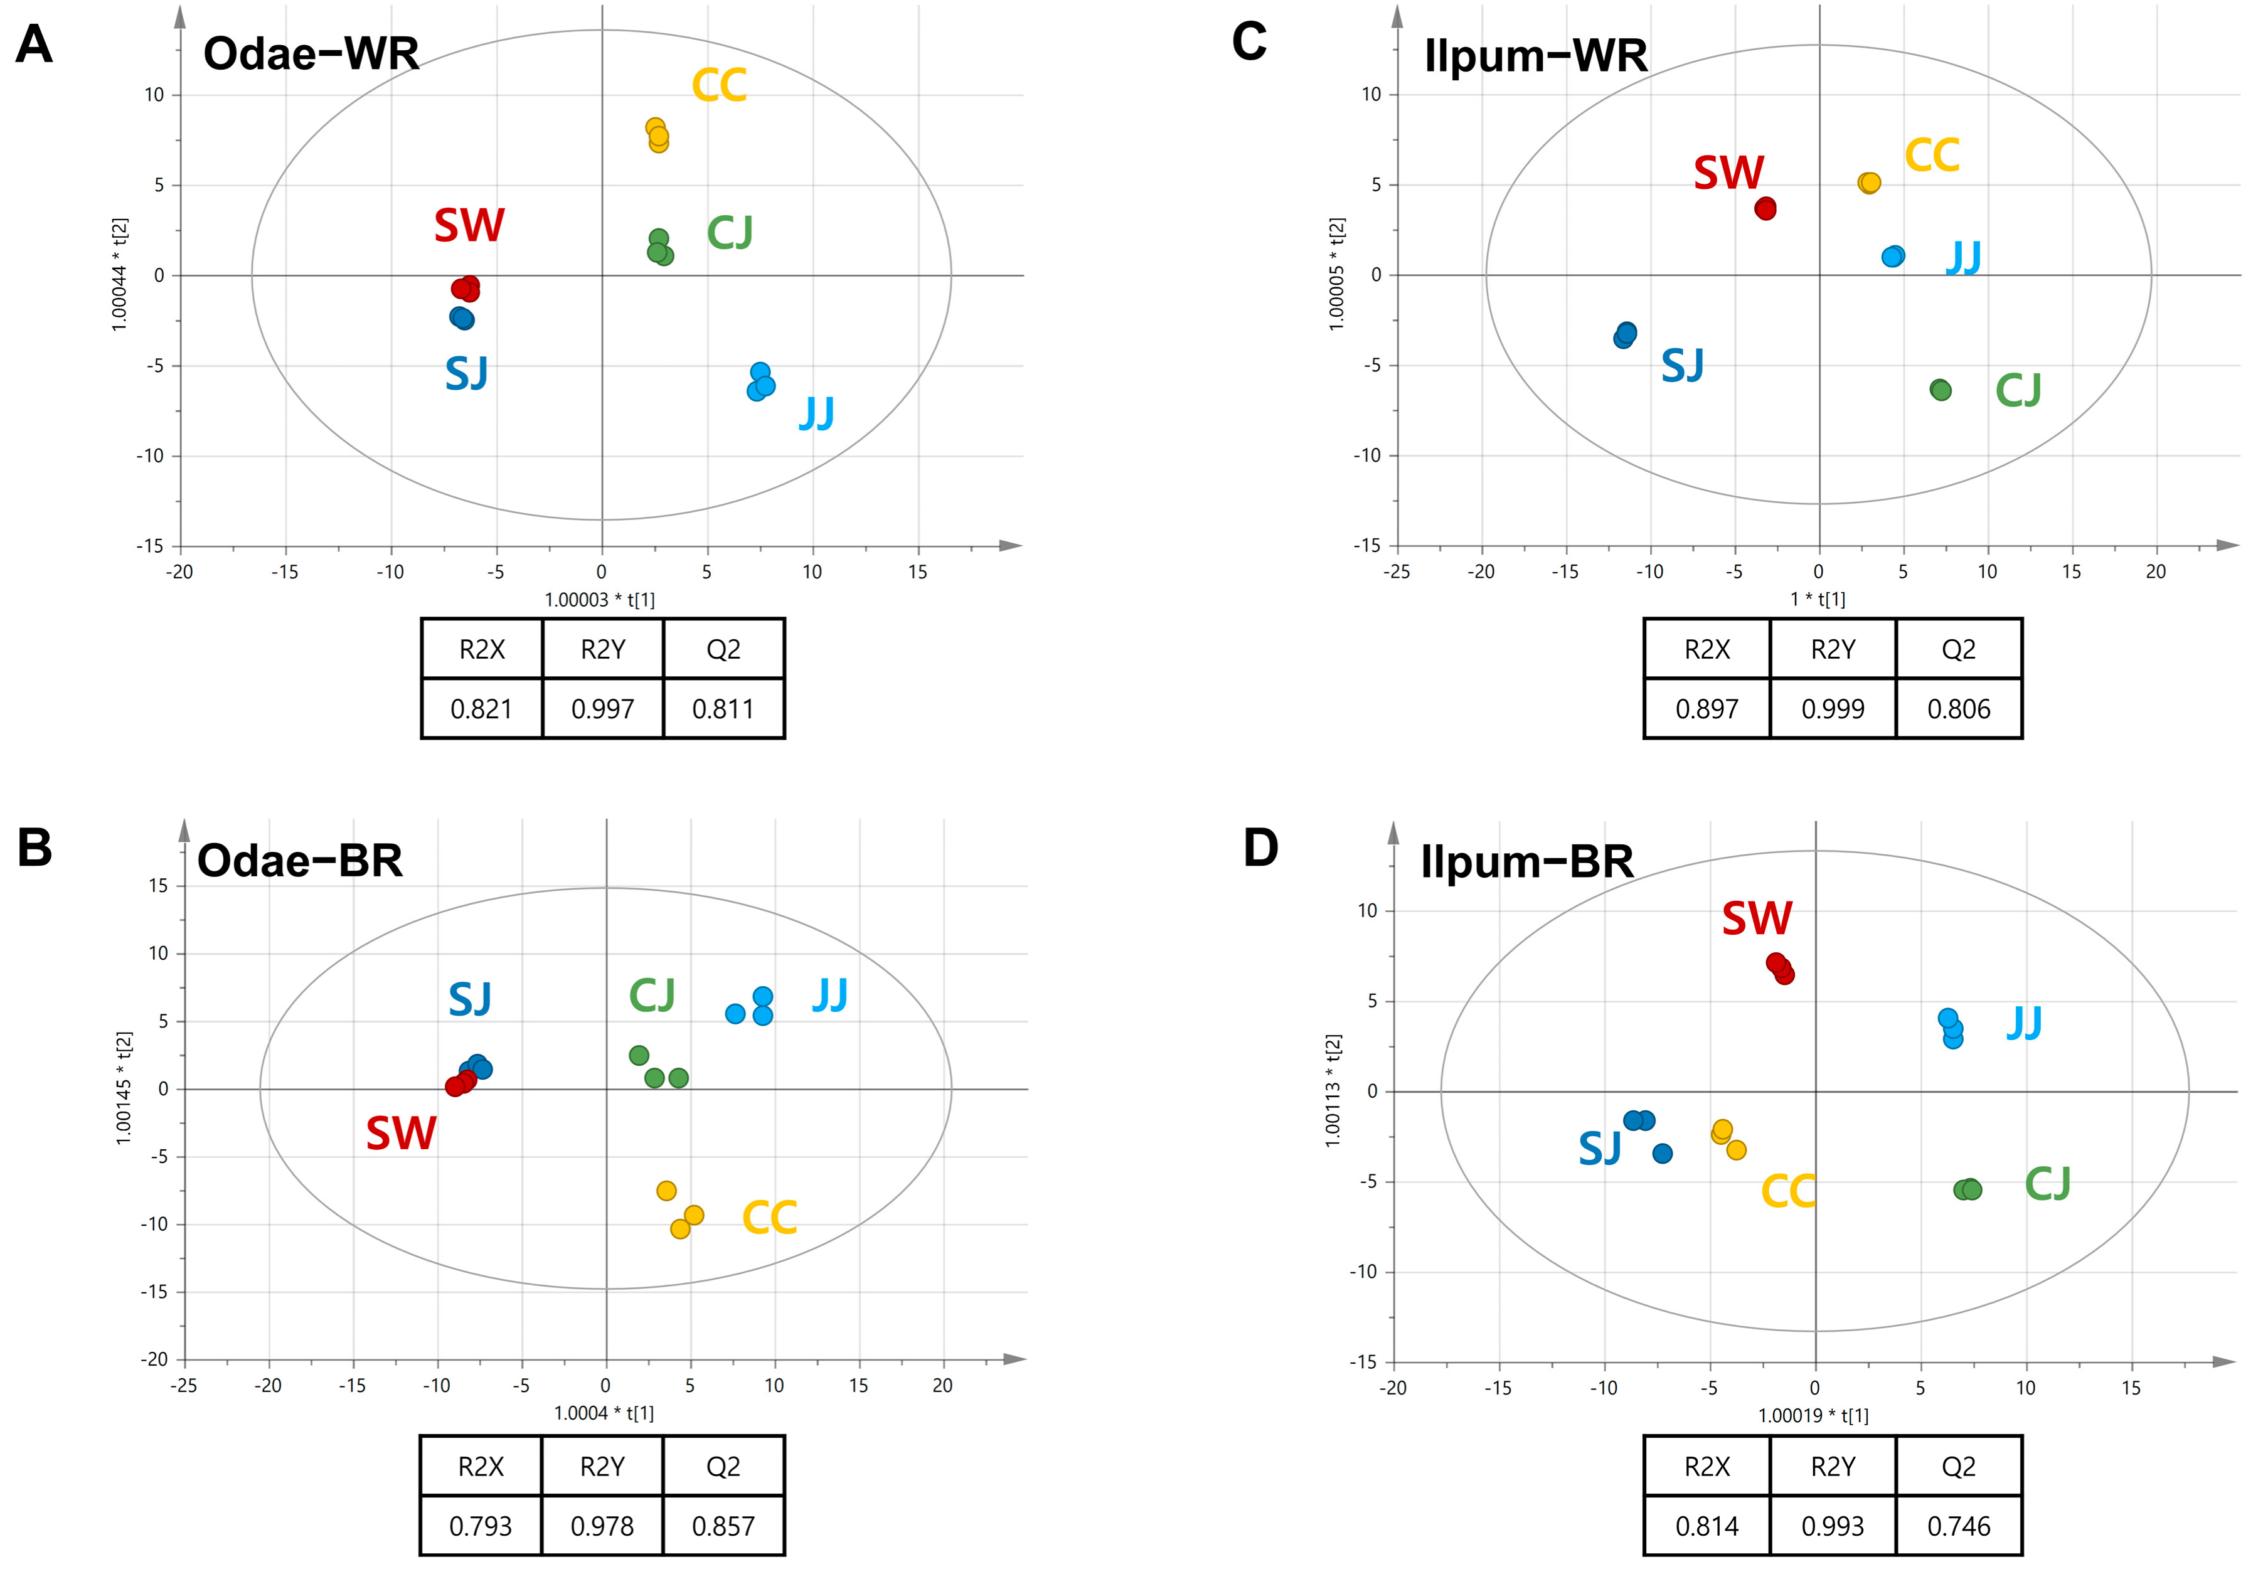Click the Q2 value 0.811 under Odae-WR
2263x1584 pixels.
point(723,709)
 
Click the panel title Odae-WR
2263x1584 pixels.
point(311,54)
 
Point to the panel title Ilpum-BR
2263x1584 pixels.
point(1526,863)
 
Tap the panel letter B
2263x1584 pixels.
point(35,848)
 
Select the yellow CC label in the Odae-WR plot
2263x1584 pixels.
point(718,86)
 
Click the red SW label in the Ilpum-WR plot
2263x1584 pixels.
point(1729,174)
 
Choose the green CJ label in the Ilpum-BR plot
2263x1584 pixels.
point(2047,1184)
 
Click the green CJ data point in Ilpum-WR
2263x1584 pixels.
point(1940,390)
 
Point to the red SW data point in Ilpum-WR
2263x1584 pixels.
point(1765,209)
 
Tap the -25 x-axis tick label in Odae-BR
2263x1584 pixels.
point(183,1386)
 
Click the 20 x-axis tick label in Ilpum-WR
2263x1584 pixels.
point(2156,571)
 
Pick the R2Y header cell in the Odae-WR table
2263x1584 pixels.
point(602,649)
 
